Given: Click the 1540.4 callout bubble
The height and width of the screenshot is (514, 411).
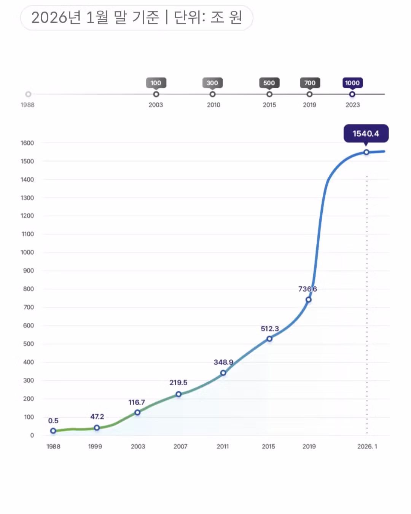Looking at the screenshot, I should [x=366, y=134].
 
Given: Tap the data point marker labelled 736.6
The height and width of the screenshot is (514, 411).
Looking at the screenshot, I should [x=309, y=300].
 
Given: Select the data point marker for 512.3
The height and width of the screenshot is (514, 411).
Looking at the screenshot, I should [x=269, y=338].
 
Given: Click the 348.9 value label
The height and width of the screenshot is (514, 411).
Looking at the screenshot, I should [x=223, y=362].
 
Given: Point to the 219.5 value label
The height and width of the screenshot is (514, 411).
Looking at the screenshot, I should [x=178, y=383].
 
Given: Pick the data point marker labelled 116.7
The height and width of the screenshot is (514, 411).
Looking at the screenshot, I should [x=137, y=412].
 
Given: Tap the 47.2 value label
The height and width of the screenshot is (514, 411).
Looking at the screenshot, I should [x=97, y=417].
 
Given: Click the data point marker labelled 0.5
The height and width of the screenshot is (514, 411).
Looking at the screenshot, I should [x=53, y=431].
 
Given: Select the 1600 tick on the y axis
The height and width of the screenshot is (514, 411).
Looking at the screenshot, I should [x=27, y=143].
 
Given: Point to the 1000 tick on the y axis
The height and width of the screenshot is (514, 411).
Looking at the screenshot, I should [x=27, y=252].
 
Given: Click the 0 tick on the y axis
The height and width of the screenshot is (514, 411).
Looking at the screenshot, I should [x=32, y=435].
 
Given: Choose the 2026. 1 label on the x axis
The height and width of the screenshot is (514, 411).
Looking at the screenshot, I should [x=367, y=446].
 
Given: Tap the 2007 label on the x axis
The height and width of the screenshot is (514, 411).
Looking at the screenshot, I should [x=180, y=446].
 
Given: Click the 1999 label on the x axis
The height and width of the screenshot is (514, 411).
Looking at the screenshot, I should [x=95, y=446].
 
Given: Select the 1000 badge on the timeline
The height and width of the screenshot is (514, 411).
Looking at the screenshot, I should [x=352, y=83].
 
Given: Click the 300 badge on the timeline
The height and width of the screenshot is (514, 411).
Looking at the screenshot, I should [x=212, y=83].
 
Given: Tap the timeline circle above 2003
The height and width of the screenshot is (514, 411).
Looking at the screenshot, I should [x=156, y=94].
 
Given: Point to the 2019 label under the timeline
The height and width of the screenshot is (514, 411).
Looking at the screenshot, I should [x=309, y=105].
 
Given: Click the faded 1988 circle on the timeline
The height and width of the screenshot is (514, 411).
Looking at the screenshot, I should [x=28, y=94].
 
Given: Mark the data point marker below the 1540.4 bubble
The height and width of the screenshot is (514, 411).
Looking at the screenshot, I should [x=366, y=152].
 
